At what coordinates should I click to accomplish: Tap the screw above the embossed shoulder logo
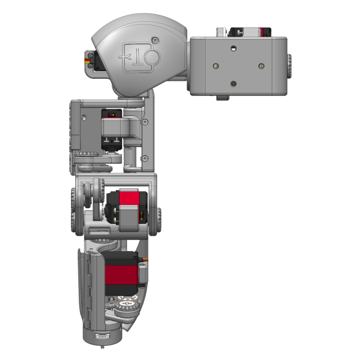pos(154,40)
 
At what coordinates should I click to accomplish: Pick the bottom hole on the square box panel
pos(233,83)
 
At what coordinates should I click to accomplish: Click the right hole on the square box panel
pos(261,66)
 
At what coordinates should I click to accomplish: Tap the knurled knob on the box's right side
pos(289,66)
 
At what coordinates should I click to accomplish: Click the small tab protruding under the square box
pos(223,98)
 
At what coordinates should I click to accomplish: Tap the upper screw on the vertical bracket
pos(145,122)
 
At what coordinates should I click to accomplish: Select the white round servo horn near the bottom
pos(126,303)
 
